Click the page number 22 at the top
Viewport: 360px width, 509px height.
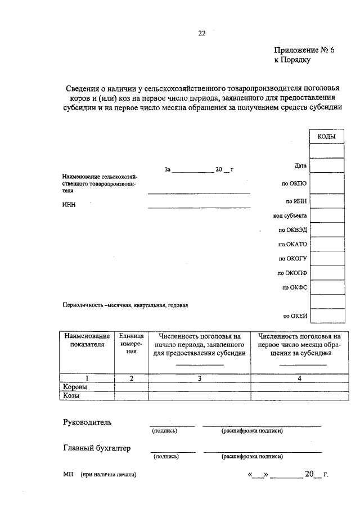point(202,33)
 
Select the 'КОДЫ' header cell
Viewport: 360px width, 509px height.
point(327,137)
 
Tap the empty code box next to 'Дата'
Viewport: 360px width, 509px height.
point(327,165)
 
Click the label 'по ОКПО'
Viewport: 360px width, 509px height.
point(294,183)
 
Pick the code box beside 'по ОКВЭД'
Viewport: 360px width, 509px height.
point(327,230)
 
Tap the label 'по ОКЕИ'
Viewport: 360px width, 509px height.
point(295,316)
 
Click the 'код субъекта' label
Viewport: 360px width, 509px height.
point(290,215)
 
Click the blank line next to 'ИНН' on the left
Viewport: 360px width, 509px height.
point(199,208)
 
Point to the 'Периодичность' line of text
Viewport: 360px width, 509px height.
point(125,305)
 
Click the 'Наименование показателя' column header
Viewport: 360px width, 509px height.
point(87,341)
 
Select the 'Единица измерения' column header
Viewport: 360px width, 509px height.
point(131,344)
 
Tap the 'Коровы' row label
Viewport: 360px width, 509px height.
point(75,387)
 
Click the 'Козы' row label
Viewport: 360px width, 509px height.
point(71,395)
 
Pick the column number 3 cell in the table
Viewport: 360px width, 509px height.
point(199,379)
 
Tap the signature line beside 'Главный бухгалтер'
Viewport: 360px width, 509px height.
point(173,451)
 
